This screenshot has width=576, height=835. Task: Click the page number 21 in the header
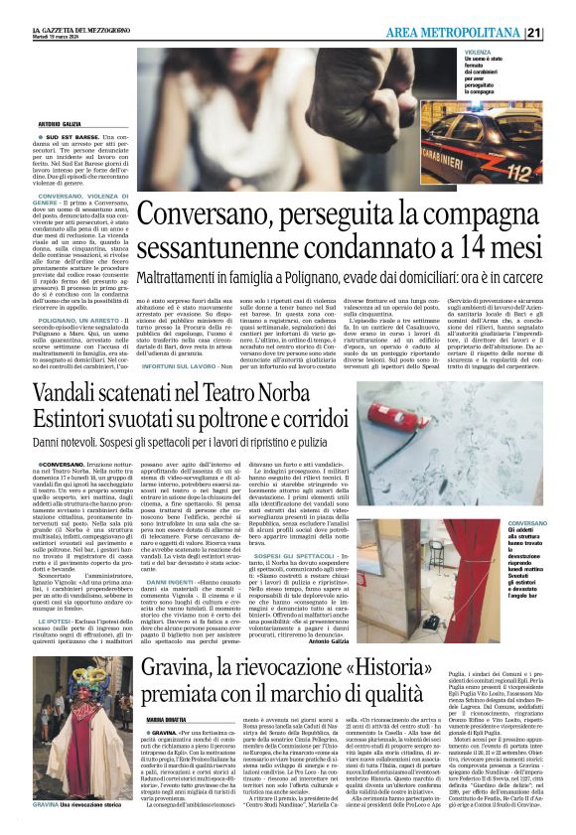tap(561, 32)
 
